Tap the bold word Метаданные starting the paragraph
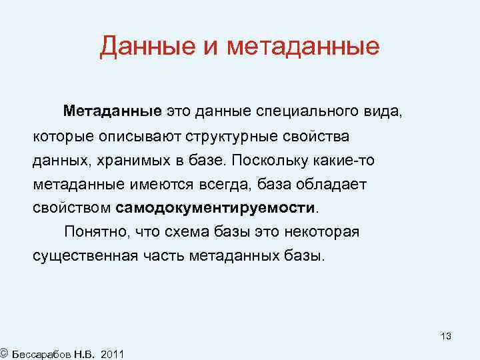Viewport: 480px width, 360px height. (x=113, y=109)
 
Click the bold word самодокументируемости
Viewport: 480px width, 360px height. (x=215, y=207)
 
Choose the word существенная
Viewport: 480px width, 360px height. (x=85, y=255)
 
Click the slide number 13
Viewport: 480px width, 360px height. (x=445, y=337)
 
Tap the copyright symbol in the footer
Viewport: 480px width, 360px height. (x=4, y=351)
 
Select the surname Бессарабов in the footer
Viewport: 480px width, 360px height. (x=40, y=353)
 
